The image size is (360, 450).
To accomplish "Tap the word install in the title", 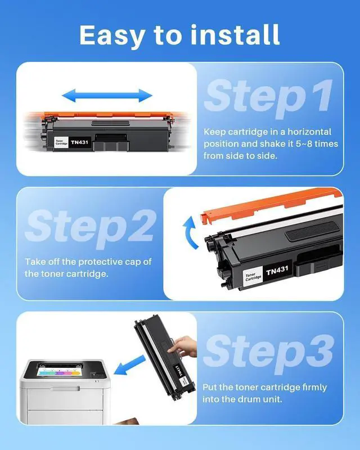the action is coord(235,34).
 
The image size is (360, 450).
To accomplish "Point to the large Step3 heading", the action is coord(269,353).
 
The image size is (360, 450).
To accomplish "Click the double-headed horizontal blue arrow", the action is coord(107,96).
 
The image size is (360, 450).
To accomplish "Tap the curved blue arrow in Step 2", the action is coord(190,232).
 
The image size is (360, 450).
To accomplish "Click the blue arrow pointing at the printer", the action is coord(129,365).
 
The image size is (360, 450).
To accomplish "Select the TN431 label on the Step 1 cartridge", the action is coord(79,142).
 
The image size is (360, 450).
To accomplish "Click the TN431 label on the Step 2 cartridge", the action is coord(277,270).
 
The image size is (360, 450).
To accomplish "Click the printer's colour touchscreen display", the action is coord(58,372).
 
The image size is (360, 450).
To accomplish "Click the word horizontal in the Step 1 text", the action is coord(309,132).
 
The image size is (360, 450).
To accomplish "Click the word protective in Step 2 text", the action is coord(101,262).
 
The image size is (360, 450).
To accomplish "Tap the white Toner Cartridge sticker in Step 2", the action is coord(253,276).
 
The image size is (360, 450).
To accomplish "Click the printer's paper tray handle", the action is coord(65,389).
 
